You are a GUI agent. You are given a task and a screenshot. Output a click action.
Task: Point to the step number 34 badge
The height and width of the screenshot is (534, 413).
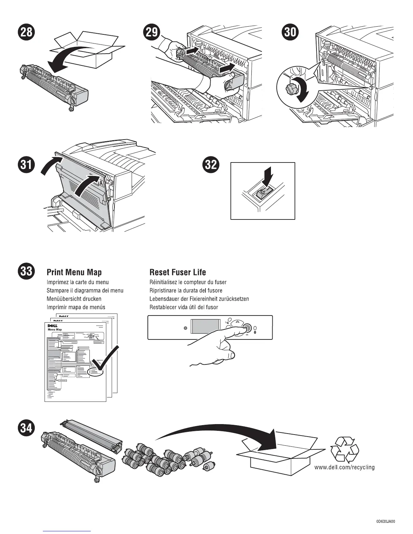point(26,428)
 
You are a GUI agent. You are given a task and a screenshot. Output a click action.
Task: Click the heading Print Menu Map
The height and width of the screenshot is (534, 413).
point(74,272)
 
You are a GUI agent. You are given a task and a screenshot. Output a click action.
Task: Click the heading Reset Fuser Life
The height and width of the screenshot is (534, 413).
point(177,272)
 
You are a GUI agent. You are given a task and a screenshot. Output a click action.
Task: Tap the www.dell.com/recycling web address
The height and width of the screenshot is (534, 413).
point(345,467)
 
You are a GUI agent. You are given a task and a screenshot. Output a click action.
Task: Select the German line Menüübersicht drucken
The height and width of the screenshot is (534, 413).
point(74,299)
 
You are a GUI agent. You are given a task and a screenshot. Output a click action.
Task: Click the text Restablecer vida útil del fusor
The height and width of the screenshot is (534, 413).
point(184,307)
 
